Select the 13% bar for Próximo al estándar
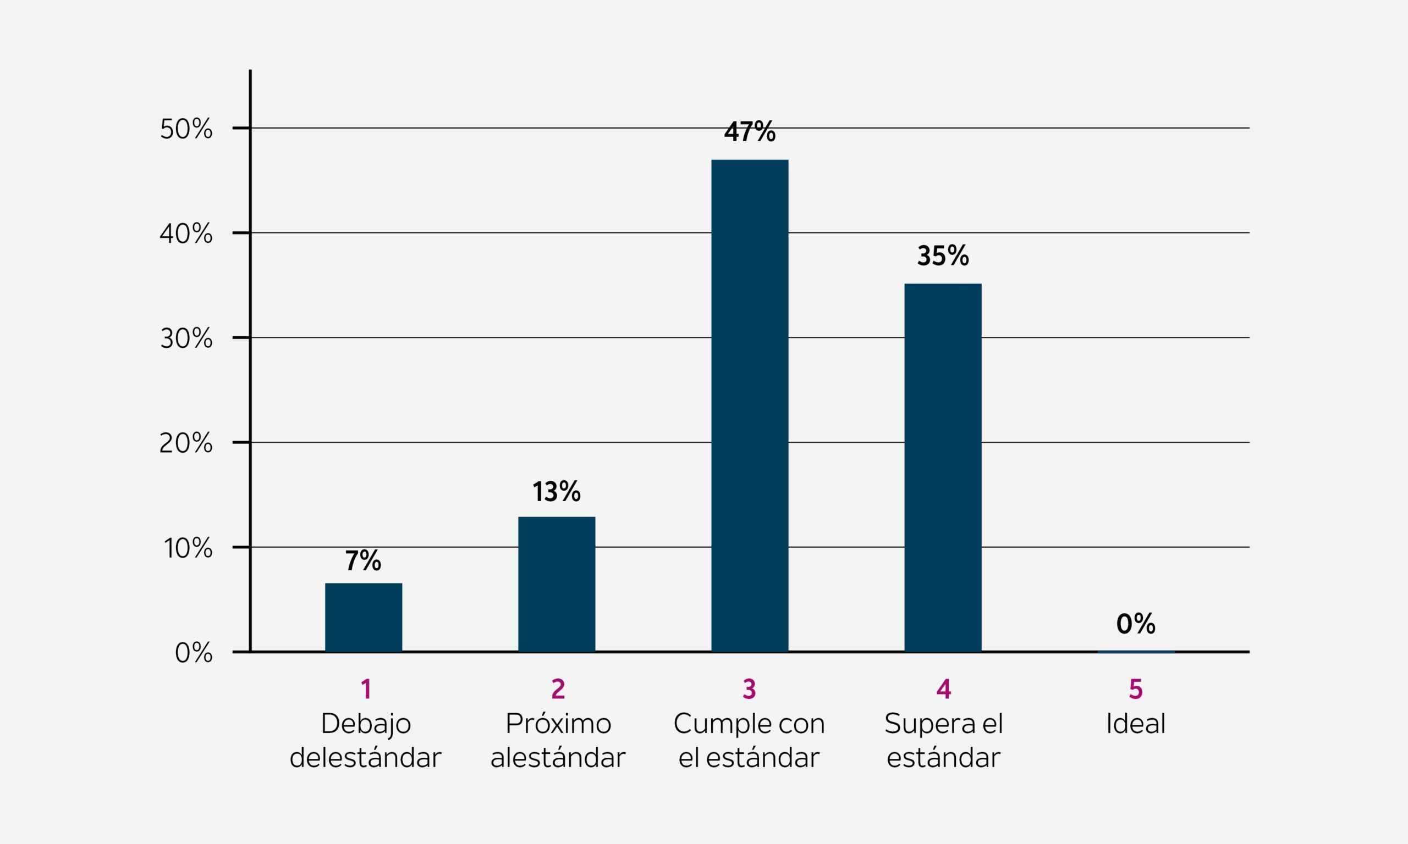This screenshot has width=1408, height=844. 557,584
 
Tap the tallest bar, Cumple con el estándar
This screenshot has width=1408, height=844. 750,406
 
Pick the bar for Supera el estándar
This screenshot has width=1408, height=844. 943,468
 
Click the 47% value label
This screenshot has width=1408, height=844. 750,132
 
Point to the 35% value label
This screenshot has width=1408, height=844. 943,256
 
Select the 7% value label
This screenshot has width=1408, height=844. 363,561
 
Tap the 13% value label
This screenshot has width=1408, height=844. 557,491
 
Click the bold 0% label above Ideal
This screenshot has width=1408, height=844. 1136,624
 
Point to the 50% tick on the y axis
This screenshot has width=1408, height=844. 186,129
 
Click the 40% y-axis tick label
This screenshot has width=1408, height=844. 186,234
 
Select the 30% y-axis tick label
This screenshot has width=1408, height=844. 186,339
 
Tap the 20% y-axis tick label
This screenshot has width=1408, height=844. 186,443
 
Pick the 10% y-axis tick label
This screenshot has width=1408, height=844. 188,548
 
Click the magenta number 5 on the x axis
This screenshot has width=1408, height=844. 1136,689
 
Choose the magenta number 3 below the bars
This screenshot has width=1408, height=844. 749,689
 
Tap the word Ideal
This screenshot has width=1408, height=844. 1136,724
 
